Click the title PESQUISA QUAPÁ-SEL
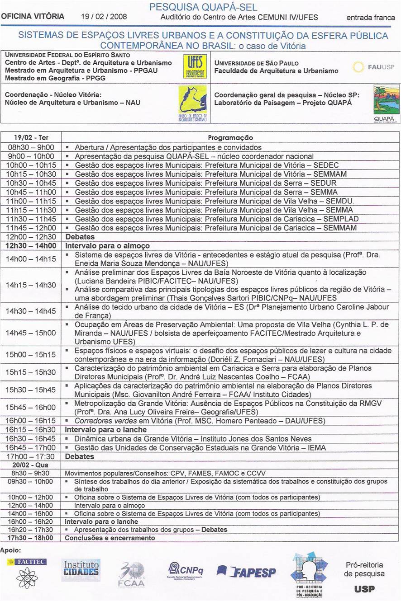point(203,7)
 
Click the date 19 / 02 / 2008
point(104,17)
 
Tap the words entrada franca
point(370,18)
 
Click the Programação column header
point(230,137)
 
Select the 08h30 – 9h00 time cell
point(31,147)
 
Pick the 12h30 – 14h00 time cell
point(31,246)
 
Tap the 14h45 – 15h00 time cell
point(31,333)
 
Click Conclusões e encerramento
point(110,538)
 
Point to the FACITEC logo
point(26,562)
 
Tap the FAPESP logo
point(247,572)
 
